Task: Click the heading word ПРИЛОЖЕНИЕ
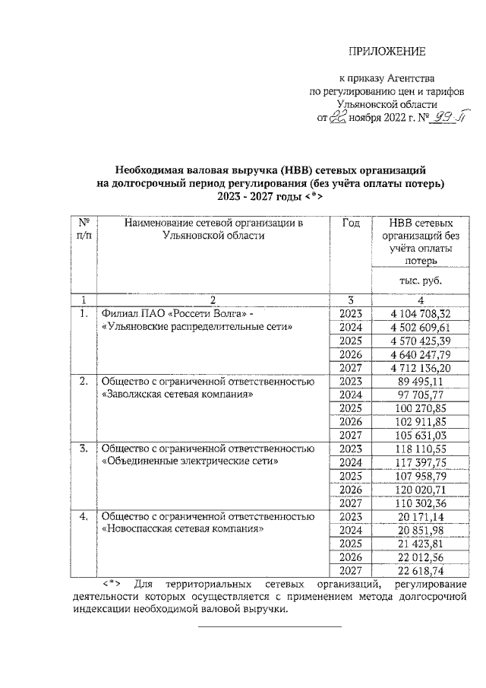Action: point(383,52)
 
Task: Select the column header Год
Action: point(351,224)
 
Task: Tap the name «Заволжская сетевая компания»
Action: point(176,395)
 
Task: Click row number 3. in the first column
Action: point(84,449)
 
